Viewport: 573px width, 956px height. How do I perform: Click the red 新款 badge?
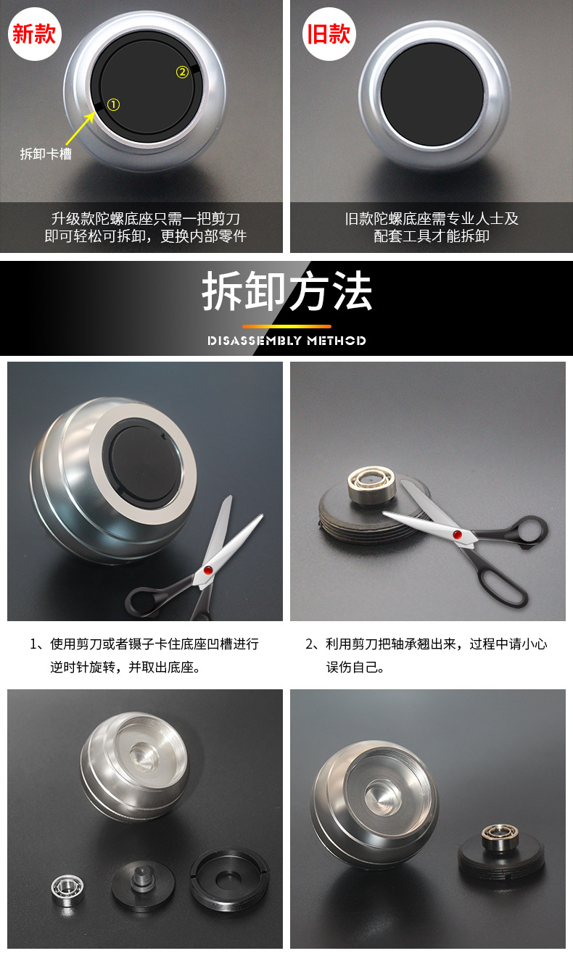pyautogui.click(x=34, y=34)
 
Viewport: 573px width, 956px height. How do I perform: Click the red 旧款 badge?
pyautogui.click(x=329, y=34)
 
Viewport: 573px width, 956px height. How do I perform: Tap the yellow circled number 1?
pyautogui.click(x=113, y=104)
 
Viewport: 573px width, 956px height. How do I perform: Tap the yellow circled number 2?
pyautogui.click(x=182, y=72)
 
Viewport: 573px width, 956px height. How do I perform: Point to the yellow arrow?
pyautogui.click(x=81, y=128)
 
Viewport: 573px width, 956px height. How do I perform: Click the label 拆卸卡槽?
pyautogui.click(x=46, y=154)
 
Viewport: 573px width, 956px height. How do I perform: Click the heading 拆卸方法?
pyautogui.click(x=287, y=291)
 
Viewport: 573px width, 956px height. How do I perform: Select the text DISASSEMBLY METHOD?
pyautogui.click(x=286, y=341)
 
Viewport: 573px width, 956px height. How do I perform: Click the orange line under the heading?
pyautogui.click(x=286, y=326)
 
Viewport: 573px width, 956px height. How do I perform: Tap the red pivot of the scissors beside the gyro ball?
pyautogui.click(x=208, y=570)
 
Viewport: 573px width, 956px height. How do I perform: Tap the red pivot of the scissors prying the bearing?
pyautogui.click(x=457, y=534)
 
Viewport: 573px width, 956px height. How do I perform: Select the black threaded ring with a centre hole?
pyautogui.click(x=230, y=871)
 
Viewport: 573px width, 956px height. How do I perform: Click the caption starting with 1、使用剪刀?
pyautogui.click(x=144, y=655)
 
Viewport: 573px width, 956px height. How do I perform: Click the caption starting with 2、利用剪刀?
pyautogui.click(x=426, y=655)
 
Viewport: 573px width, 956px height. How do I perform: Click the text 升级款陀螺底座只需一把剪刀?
pyautogui.click(x=146, y=218)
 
